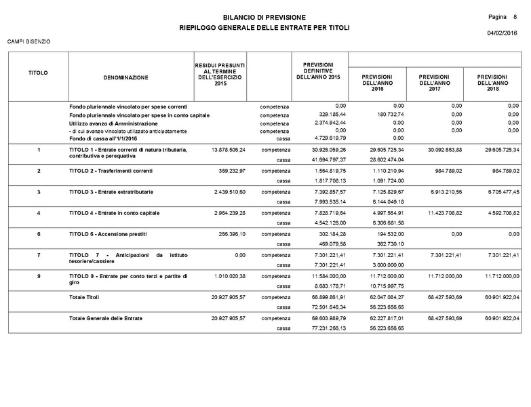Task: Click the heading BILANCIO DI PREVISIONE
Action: [264, 16]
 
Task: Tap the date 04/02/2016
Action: [502, 33]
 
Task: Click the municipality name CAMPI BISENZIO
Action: [28, 42]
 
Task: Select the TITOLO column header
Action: [38, 72]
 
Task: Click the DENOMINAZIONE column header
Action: [126, 78]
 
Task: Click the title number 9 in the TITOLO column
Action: [39, 276]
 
